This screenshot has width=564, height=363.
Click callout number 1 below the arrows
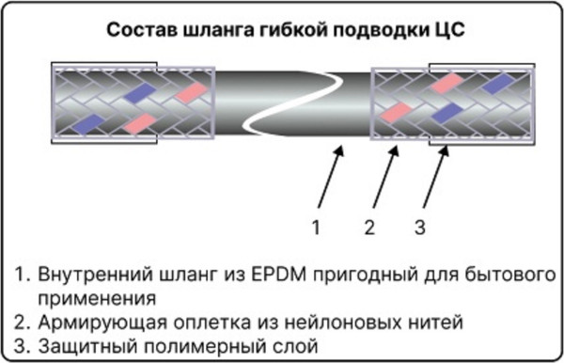point(317,227)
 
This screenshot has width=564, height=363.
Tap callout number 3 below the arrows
point(420,227)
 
